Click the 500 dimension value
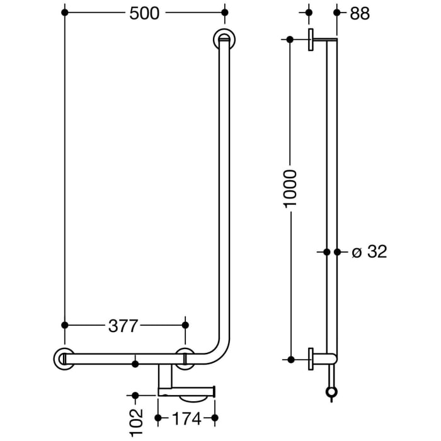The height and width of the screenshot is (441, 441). click(144, 13)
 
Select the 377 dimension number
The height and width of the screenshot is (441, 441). click(123, 325)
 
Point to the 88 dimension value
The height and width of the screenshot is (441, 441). click(360, 13)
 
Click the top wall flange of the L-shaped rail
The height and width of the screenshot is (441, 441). click(224, 40)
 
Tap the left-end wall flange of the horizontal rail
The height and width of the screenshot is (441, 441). click(64, 358)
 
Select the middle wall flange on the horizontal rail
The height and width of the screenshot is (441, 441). click(185, 357)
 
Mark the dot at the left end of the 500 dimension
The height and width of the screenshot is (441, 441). click(64, 13)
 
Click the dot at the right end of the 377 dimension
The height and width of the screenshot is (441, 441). click(185, 325)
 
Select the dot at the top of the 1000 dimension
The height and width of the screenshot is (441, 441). click(290, 40)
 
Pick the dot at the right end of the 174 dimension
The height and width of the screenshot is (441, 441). click(215, 418)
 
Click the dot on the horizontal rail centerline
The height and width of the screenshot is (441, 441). click(135, 363)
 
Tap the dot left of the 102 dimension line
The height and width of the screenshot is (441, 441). click(135, 396)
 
